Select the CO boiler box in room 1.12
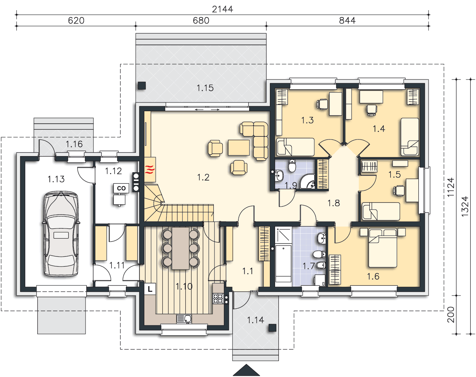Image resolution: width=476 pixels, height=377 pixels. (x=121, y=188)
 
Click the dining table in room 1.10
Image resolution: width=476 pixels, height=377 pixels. (x=181, y=248)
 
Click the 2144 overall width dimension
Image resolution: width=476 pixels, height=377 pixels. (x=222, y=9)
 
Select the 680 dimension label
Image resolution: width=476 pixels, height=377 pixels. (x=201, y=21)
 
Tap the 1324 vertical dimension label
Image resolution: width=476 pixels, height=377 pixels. (x=465, y=207)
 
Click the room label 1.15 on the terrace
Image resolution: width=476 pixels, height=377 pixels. (x=205, y=88)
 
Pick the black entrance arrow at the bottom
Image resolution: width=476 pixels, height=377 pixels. (x=246, y=370)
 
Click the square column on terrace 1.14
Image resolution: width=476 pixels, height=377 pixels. (x=272, y=328)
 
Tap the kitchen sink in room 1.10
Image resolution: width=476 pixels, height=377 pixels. (x=184, y=319)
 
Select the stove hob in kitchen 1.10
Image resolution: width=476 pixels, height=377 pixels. (x=218, y=298)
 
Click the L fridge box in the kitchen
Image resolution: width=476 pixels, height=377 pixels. (x=150, y=289)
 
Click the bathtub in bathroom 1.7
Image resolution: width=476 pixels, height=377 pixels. (x=283, y=263)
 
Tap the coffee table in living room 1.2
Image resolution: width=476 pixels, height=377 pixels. (x=239, y=147)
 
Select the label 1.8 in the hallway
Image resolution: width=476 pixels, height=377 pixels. (x=334, y=203)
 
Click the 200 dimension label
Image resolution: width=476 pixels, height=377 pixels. (x=451, y=315)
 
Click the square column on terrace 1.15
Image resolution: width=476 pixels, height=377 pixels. (x=142, y=86)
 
